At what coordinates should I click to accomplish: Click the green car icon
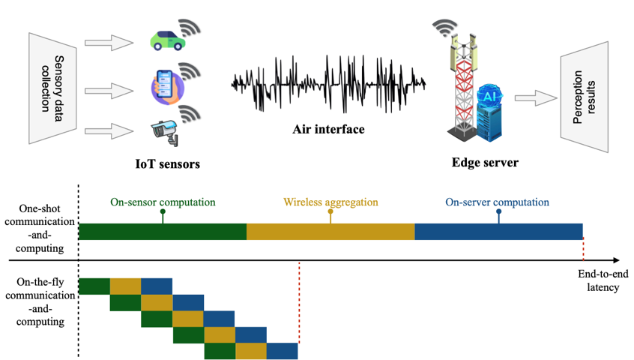[x=166, y=40]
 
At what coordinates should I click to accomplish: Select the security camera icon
[x=165, y=130]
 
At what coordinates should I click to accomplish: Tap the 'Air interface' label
[x=328, y=130]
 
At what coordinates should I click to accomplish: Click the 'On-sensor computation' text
[x=163, y=202]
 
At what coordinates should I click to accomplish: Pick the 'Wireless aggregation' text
[x=330, y=202]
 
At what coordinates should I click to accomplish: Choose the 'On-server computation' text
[x=498, y=202]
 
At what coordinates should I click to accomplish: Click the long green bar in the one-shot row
[x=163, y=232]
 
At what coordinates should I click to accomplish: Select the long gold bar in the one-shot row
[x=330, y=232]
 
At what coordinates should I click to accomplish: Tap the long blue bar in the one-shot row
[x=498, y=232]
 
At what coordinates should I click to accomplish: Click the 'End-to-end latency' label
[x=599, y=280]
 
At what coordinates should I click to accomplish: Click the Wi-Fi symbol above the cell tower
[x=445, y=28]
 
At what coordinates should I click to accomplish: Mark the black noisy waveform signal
[x=330, y=82]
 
